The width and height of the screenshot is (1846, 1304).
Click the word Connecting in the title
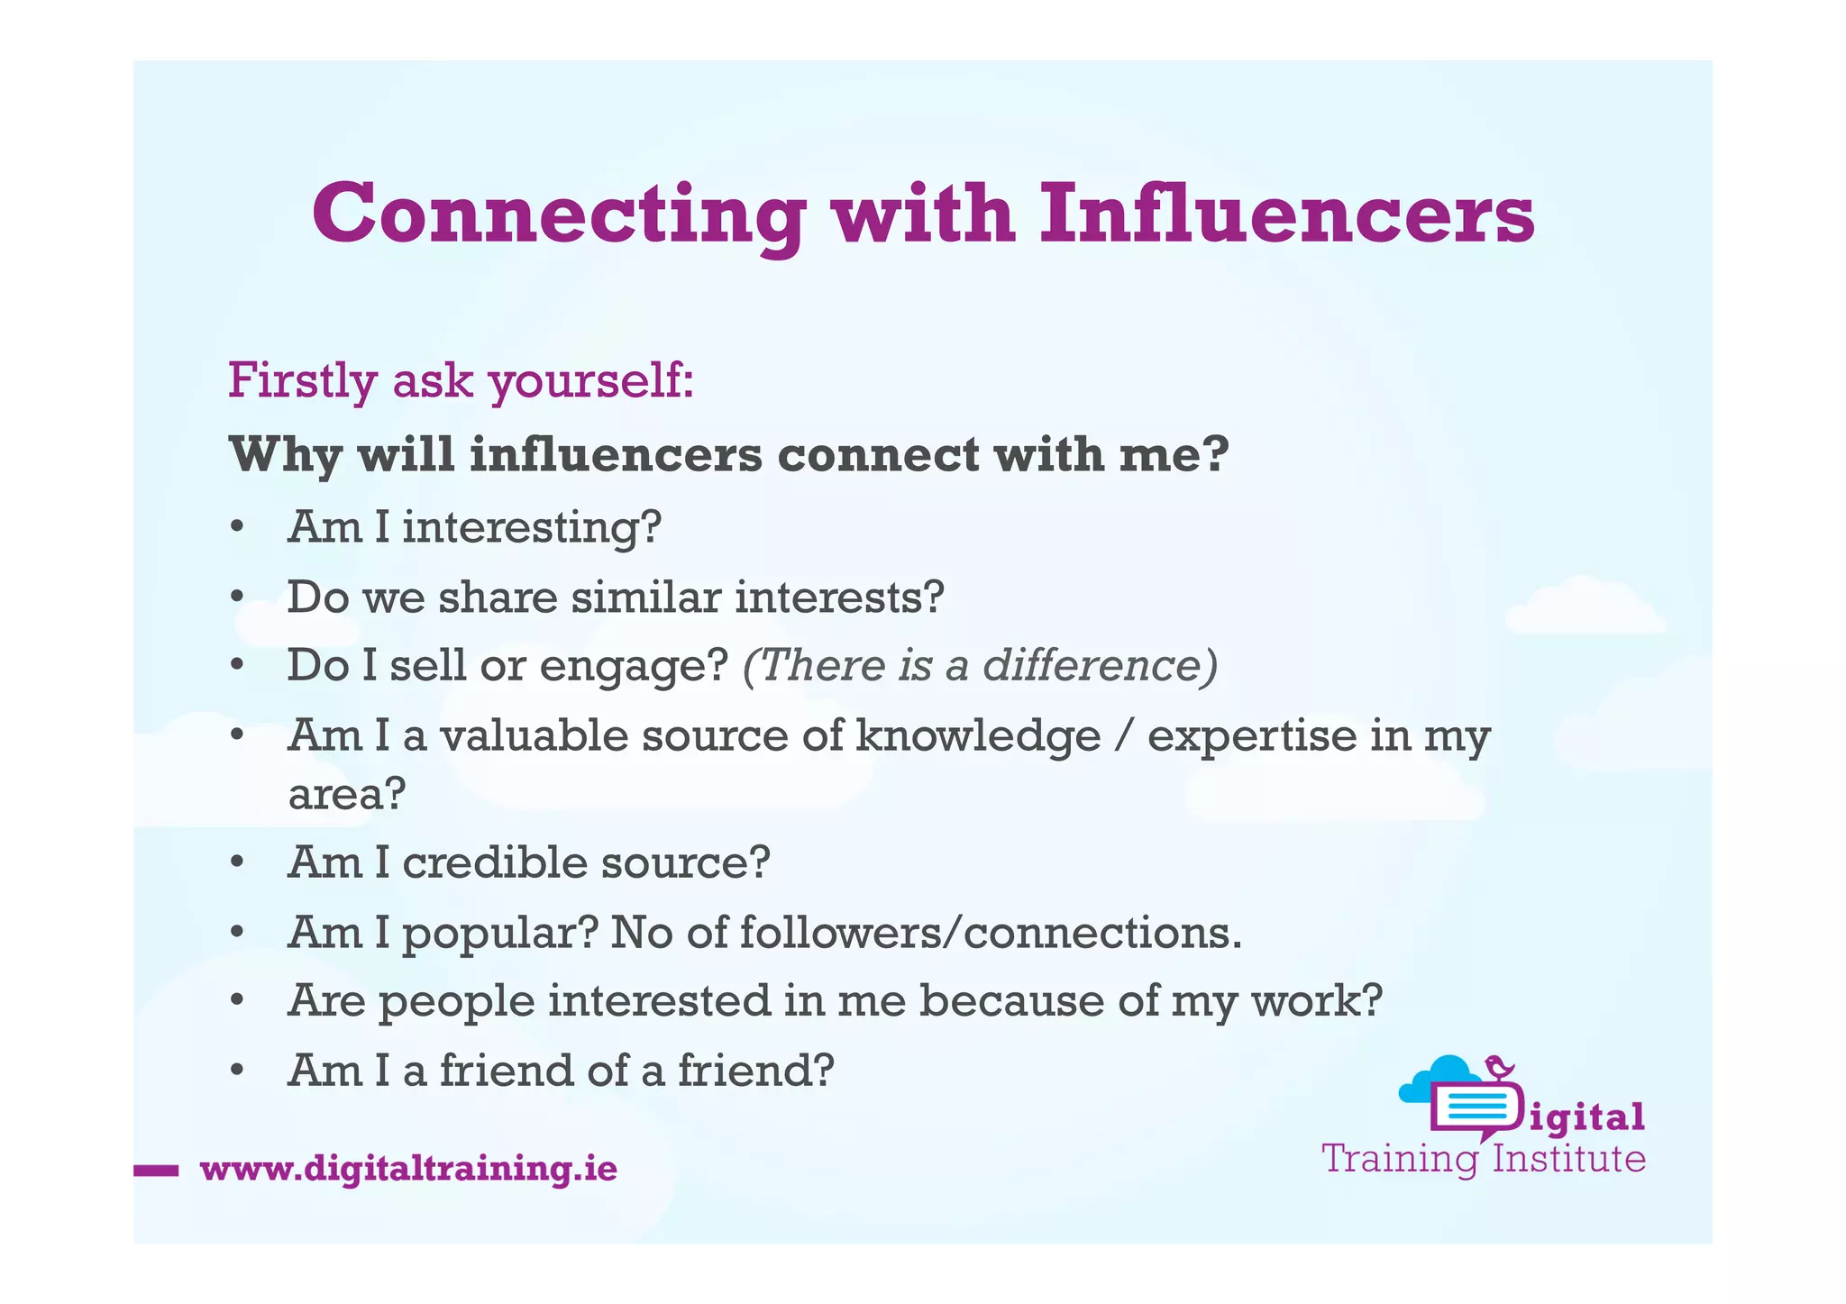pyautogui.click(x=559, y=216)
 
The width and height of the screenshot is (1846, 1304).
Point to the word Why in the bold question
pyautogui.click(x=285, y=455)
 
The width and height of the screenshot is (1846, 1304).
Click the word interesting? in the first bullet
pyautogui.click(x=532, y=527)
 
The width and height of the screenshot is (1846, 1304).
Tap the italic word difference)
pyautogui.click(x=1100, y=666)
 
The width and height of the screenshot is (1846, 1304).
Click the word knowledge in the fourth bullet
pyautogui.click(x=978, y=736)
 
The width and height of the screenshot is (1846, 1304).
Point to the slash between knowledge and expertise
pyautogui.click(x=1123, y=736)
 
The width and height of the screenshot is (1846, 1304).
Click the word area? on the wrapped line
pyautogui.click(x=347, y=794)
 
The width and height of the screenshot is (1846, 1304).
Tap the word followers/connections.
pyautogui.click(x=991, y=933)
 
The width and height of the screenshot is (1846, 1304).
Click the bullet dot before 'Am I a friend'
pyautogui.click(x=237, y=1071)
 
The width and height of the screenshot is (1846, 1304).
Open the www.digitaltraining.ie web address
pyautogui.click(x=408, y=1169)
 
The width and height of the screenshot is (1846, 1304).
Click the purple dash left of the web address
pyautogui.click(x=155, y=1171)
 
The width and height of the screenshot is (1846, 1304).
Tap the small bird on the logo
pyautogui.click(x=1500, y=1067)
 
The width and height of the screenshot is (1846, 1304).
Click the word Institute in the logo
pyautogui.click(x=1568, y=1159)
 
